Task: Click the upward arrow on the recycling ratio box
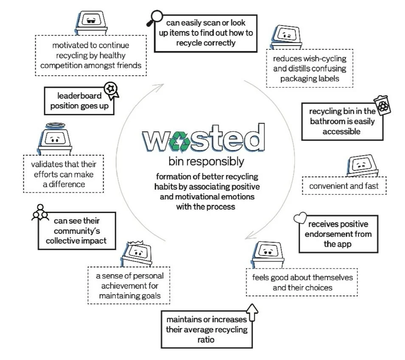[x=252, y=312]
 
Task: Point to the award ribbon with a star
[x=112, y=89]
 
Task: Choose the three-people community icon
[x=39, y=213]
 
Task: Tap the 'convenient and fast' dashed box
[x=344, y=186]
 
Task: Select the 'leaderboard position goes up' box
[x=79, y=101]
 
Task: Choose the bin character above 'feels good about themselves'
[x=266, y=254]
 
